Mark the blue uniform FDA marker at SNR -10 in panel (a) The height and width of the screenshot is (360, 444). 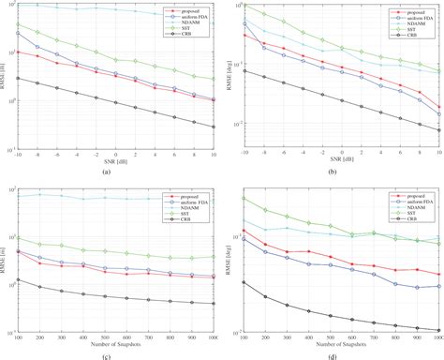click(19, 33)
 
